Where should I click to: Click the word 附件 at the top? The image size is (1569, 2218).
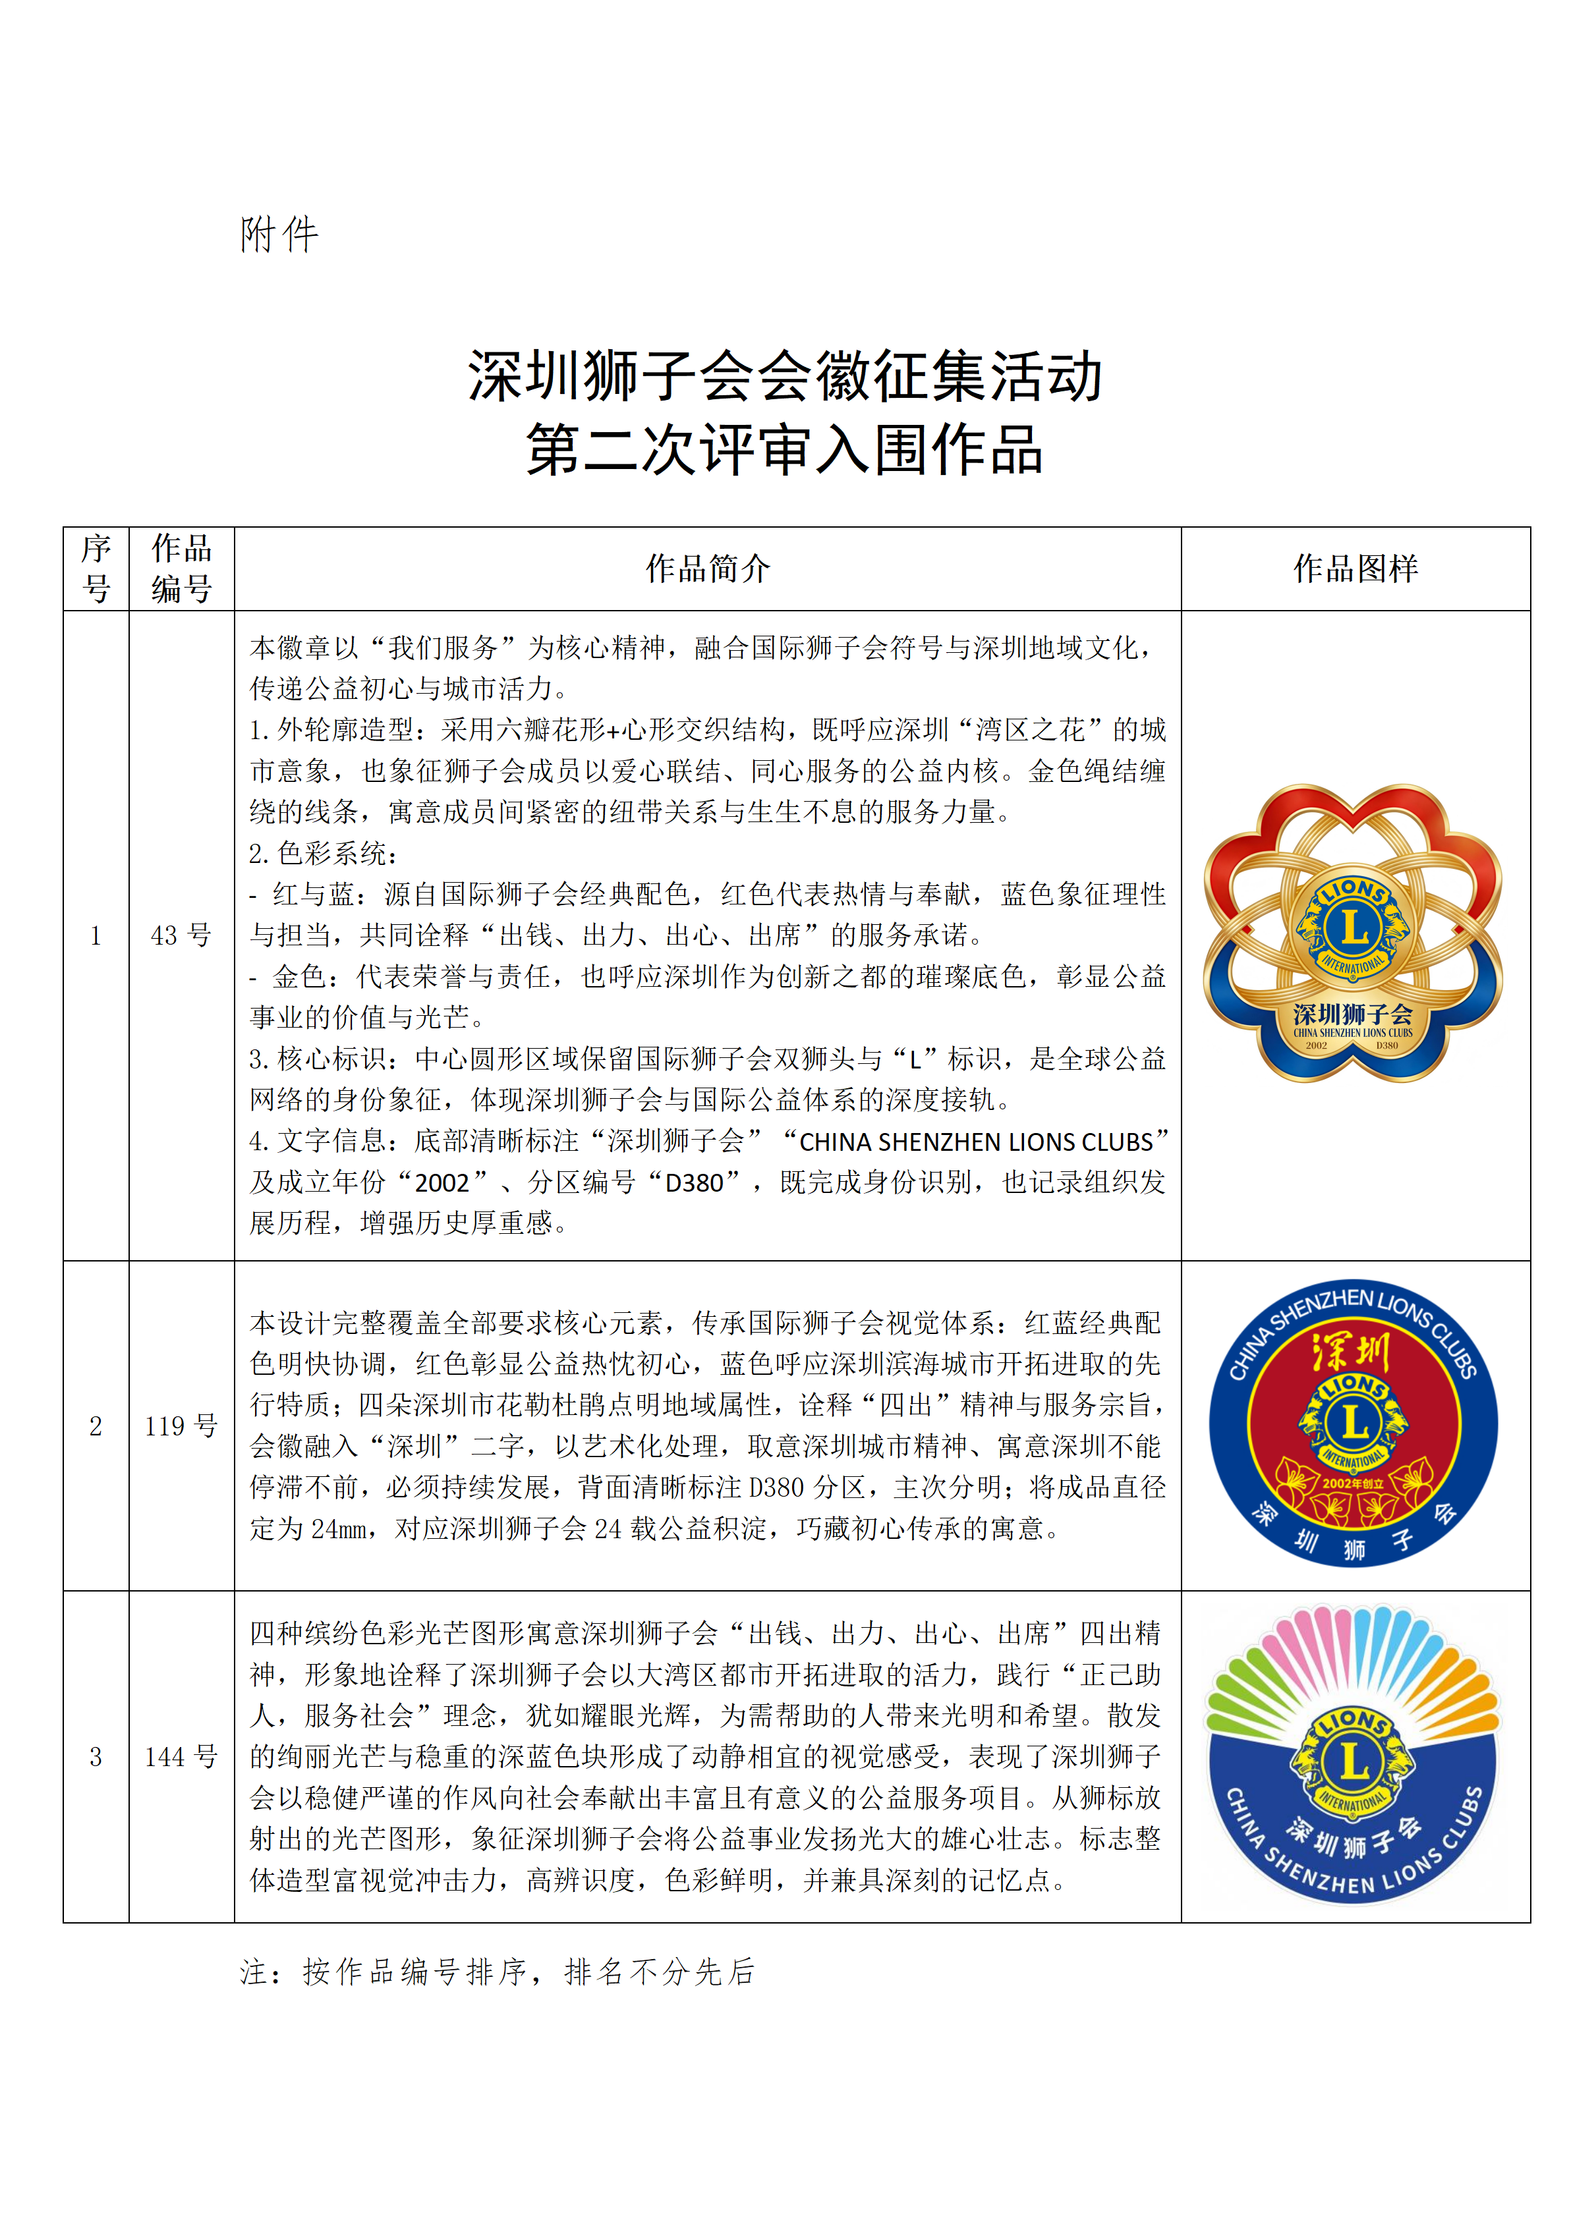[x=279, y=235]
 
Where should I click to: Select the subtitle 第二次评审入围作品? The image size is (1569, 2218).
[x=784, y=450]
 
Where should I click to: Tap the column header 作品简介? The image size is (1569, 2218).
[x=707, y=569]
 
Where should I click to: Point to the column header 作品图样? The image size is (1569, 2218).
[x=1355, y=569]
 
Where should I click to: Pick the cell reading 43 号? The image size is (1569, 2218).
[x=182, y=935]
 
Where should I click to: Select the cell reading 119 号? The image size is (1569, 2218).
[x=182, y=1426]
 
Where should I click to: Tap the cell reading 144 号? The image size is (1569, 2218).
[x=182, y=1757]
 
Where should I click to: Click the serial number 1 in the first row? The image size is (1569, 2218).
[x=96, y=935]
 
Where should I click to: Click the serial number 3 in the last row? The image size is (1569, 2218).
[x=96, y=1757]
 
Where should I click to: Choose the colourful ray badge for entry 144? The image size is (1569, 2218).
[x=1354, y=1756]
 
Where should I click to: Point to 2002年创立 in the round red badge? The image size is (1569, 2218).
[x=1353, y=1483]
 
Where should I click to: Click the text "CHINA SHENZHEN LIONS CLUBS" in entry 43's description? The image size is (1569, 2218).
[x=976, y=1142]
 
